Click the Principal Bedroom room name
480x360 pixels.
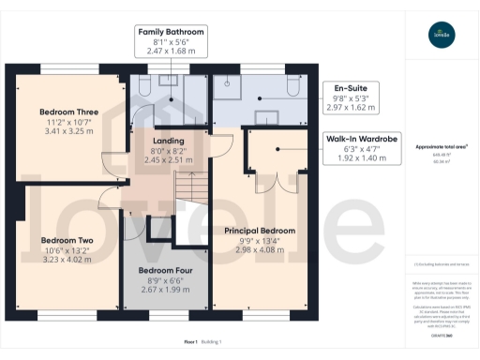tap(260, 231)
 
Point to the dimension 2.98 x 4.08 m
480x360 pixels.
tap(260, 249)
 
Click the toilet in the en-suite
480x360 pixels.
tap(293, 87)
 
